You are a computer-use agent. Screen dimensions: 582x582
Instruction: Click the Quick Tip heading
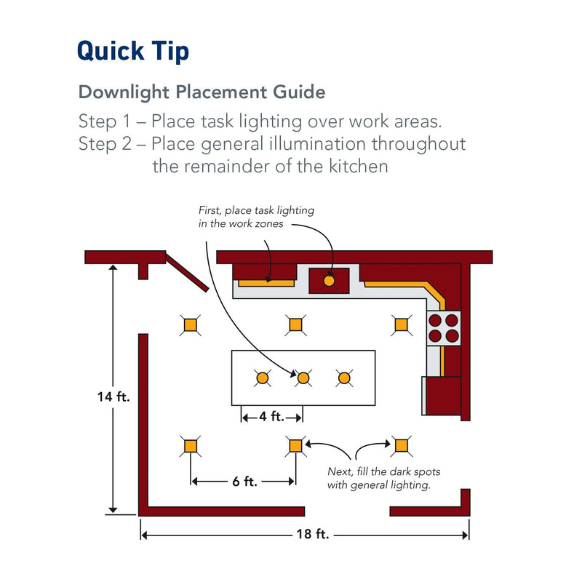pyautogui.click(x=133, y=52)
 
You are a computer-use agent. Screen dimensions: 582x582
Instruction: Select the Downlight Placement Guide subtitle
pyautogui.click(x=202, y=92)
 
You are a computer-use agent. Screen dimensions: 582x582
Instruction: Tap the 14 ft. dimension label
pyautogui.click(x=113, y=397)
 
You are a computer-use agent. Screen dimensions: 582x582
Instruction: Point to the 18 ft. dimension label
pyautogui.click(x=313, y=534)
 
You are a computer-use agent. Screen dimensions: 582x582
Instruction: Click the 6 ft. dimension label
pyautogui.click(x=244, y=481)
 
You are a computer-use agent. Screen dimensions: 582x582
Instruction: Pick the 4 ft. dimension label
pyautogui.click(x=271, y=417)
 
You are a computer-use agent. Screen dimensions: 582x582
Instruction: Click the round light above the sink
pyautogui.click(x=329, y=279)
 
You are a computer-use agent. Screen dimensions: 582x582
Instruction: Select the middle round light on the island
pyautogui.click(x=303, y=378)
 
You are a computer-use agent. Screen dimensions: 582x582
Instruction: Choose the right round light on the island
pyautogui.click(x=343, y=378)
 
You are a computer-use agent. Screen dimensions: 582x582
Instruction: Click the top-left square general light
pyautogui.click(x=191, y=324)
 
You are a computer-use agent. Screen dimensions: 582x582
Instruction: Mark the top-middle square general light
pyautogui.click(x=295, y=324)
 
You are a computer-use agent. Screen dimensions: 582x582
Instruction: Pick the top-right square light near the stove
pyautogui.click(x=399, y=324)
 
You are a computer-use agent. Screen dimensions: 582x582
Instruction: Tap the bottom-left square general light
pyautogui.click(x=191, y=445)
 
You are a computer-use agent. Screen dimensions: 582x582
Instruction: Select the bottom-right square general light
pyautogui.click(x=399, y=445)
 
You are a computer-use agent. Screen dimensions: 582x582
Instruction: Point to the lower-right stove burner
pyautogui.click(x=452, y=335)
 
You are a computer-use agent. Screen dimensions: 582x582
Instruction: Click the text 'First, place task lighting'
pyautogui.click(x=256, y=210)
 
